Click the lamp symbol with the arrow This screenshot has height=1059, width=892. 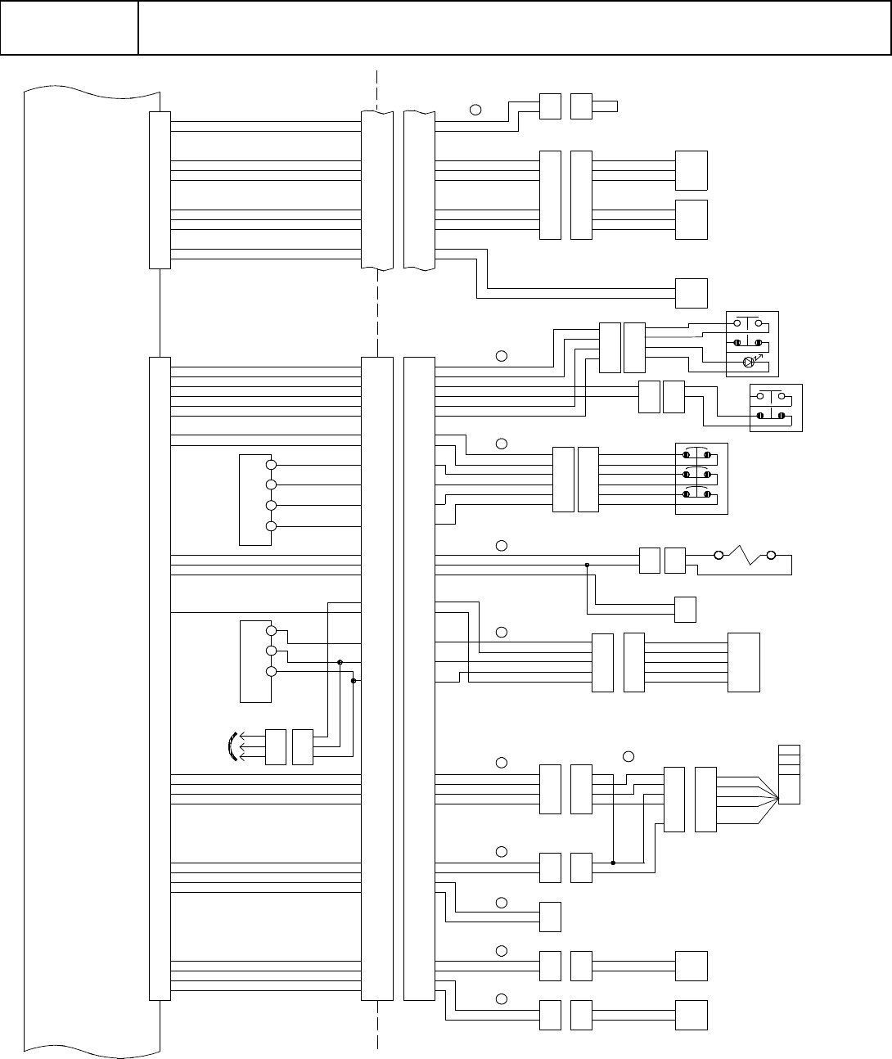(x=747, y=363)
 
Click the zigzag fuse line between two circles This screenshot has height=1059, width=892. (x=745, y=556)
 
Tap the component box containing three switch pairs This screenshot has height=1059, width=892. (x=701, y=480)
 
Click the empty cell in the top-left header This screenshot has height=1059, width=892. (x=69, y=28)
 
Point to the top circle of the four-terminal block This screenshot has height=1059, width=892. (x=271, y=465)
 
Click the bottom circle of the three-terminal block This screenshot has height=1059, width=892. (x=271, y=672)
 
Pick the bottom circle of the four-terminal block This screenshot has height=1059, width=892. (x=271, y=526)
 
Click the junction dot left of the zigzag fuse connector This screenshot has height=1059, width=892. (x=588, y=565)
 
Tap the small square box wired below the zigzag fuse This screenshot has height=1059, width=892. (x=685, y=610)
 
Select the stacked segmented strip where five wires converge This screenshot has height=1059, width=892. (x=790, y=774)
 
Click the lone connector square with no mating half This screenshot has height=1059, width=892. (x=550, y=917)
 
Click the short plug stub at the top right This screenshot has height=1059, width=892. (x=606, y=106)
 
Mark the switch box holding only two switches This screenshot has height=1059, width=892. (x=776, y=408)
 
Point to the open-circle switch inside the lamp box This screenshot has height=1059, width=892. (x=748, y=322)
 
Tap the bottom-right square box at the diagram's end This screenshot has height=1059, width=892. (x=691, y=1015)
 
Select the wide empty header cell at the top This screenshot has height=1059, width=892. (x=514, y=28)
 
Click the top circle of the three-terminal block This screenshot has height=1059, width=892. (x=271, y=630)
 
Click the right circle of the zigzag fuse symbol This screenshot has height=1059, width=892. (x=770, y=556)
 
